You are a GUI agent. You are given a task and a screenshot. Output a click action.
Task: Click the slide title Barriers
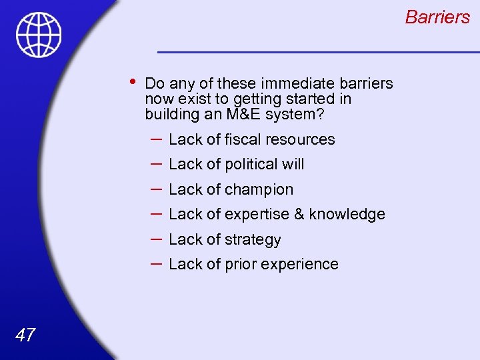[437, 17]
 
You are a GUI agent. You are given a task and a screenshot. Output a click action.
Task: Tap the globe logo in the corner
[39, 35]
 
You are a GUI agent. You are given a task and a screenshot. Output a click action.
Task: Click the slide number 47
[25, 335]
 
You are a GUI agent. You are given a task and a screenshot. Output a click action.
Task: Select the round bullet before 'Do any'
[133, 82]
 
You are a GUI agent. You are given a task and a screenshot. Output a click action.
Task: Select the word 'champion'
[259, 189]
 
